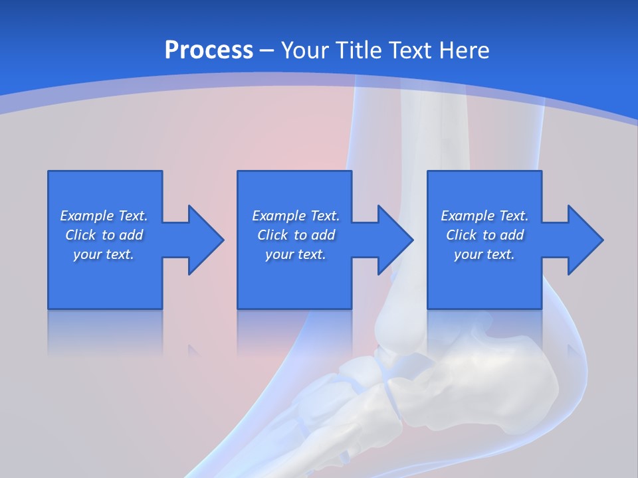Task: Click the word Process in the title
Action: (209, 50)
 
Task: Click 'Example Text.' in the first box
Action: (104, 216)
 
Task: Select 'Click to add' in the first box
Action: (104, 235)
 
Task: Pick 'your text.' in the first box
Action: (104, 254)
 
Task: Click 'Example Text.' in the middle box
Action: (296, 216)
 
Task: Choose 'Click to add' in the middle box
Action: (296, 235)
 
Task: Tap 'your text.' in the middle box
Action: (296, 254)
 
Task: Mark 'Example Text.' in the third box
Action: (484, 216)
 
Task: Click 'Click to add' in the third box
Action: (484, 235)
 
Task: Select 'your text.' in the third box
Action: (484, 254)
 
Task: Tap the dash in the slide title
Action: (267, 50)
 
